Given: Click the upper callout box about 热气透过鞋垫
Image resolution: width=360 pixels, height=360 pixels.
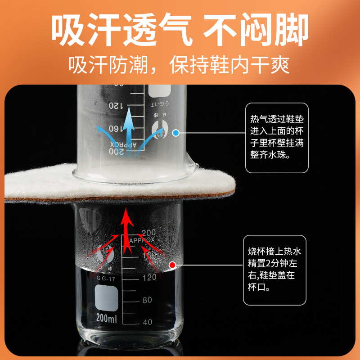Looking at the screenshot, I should point(277,137).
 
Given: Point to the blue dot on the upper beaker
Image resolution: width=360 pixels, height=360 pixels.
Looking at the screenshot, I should point(176,133).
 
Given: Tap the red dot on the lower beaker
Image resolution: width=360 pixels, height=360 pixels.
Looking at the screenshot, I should point(171,265).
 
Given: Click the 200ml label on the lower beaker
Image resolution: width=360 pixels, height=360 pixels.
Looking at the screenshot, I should point(106,318).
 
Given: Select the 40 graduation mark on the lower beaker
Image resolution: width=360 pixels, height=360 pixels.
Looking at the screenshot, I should point(147,322).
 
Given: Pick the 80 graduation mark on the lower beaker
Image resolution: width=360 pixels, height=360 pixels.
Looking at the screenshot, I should point(147,300).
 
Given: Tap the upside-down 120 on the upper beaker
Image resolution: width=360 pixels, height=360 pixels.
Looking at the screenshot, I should point(116,105).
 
